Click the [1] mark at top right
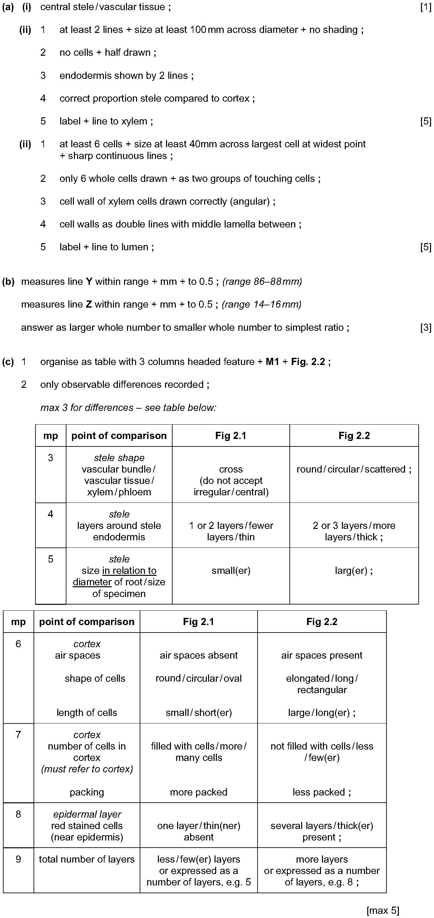426,7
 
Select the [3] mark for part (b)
426,328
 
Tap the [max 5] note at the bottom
383,911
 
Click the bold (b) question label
8,282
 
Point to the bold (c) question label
8,362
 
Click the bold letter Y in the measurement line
89,282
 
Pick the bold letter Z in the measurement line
89,305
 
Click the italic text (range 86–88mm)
262,282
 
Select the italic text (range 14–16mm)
261,305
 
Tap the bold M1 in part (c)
273,362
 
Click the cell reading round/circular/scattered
354,469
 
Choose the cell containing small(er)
231,571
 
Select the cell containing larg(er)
354,571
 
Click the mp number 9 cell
19,870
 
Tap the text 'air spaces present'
322,655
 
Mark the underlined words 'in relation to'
129,571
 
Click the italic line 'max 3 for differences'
87,408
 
